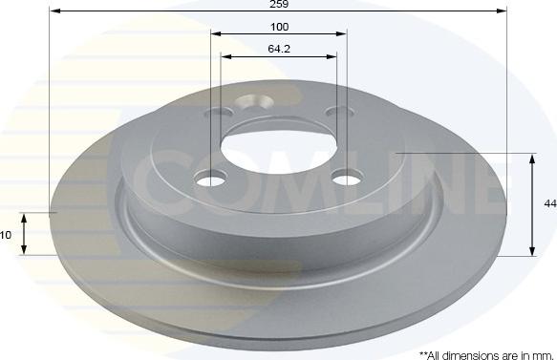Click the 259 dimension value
pyautogui.click(x=279, y=5)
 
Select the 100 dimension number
pyautogui.click(x=279, y=26)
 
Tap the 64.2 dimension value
pyautogui.click(x=279, y=48)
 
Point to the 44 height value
pyautogui.click(x=549, y=203)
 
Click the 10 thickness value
pyautogui.click(x=7, y=235)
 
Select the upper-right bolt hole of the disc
pyautogui.click(x=334, y=114)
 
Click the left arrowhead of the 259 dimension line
pyautogui.click(x=53, y=11)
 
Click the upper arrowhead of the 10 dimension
pyautogui.click(x=26, y=217)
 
